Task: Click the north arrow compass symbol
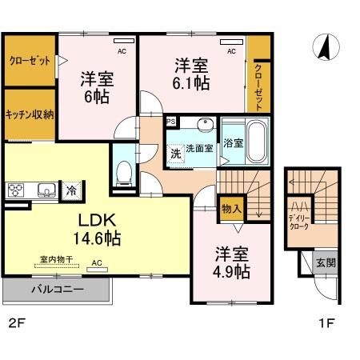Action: click(x=324, y=49)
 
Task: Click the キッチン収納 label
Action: click(x=30, y=114)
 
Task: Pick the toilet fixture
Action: click(x=124, y=171)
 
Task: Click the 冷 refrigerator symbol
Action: click(x=71, y=190)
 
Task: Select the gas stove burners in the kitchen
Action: click(x=18, y=190)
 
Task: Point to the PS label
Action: click(x=170, y=121)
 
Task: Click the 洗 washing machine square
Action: click(x=174, y=153)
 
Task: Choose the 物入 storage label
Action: click(x=230, y=208)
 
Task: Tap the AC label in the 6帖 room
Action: click(x=122, y=51)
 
